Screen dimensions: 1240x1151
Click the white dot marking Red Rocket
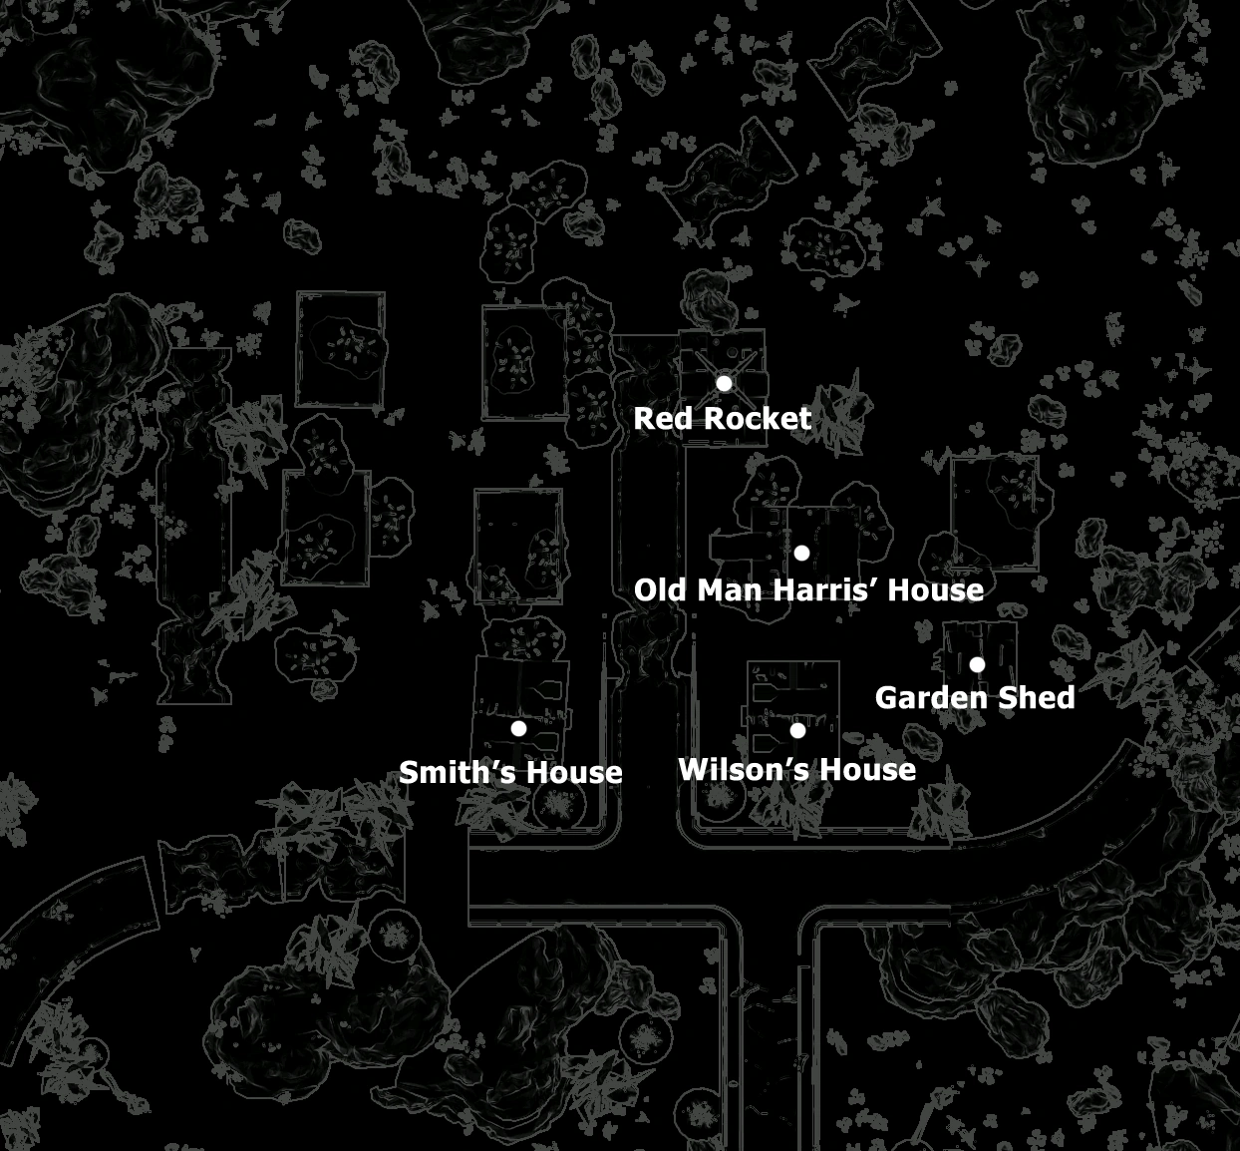click(724, 383)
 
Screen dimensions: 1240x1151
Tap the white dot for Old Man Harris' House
click(801, 553)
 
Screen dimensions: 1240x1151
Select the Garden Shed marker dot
click(977, 664)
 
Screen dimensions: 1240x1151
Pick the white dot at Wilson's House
click(797, 730)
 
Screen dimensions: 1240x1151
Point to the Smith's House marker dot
click(518, 728)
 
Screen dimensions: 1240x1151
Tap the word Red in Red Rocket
click(662, 419)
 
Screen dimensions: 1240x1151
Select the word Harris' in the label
click(817, 590)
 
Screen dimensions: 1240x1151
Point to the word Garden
click(928, 697)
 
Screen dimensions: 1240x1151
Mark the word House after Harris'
click(936, 590)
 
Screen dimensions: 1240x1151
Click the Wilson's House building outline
click(793, 698)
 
